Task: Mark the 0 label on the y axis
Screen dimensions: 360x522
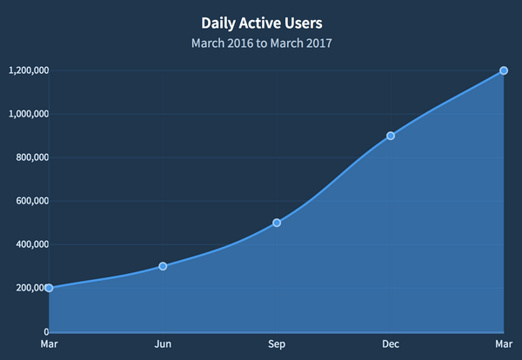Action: pos(44,331)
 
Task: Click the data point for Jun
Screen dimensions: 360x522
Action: pos(163,266)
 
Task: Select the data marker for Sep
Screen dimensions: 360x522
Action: pos(277,223)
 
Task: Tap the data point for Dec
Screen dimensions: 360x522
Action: pos(391,136)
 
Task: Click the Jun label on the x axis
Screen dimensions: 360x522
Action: pos(163,344)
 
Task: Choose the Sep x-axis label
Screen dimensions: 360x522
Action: pos(277,344)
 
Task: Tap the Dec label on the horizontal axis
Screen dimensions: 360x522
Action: pos(391,344)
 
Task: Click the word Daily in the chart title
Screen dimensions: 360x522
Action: pos(220,23)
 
